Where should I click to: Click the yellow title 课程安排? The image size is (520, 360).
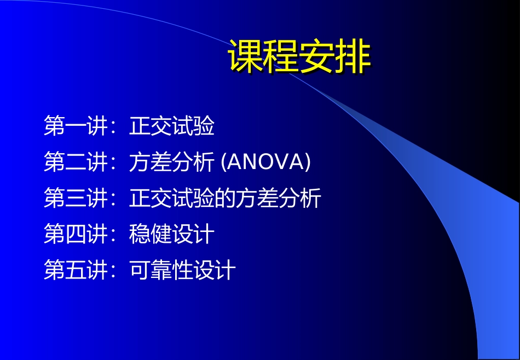pyautogui.click(x=299, y=57)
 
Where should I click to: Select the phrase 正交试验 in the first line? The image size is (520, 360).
pyautogui.click(x=172, y=126)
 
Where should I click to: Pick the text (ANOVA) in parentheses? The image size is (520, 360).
pyautogui.click(x=265, y=162)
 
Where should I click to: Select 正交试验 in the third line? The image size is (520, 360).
pyautogui.click(x=172, y=199)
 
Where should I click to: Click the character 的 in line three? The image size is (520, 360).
pyautogui.click(x=226, y=199)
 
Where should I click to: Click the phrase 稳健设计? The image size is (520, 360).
pyautogui.click(x=172, y=235)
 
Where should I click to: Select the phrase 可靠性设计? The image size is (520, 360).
pyautogui.click(x=183, y=271)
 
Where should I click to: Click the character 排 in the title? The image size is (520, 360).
pyautogui.click(x=353, y=57)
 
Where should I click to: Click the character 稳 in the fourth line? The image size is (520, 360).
pyautogui.click(x=140, y=235)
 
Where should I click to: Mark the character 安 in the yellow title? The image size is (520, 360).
pyautogui.click(x=317, y=57)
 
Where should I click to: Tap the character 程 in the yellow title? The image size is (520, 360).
pyautogui.click(x=281, y=57)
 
